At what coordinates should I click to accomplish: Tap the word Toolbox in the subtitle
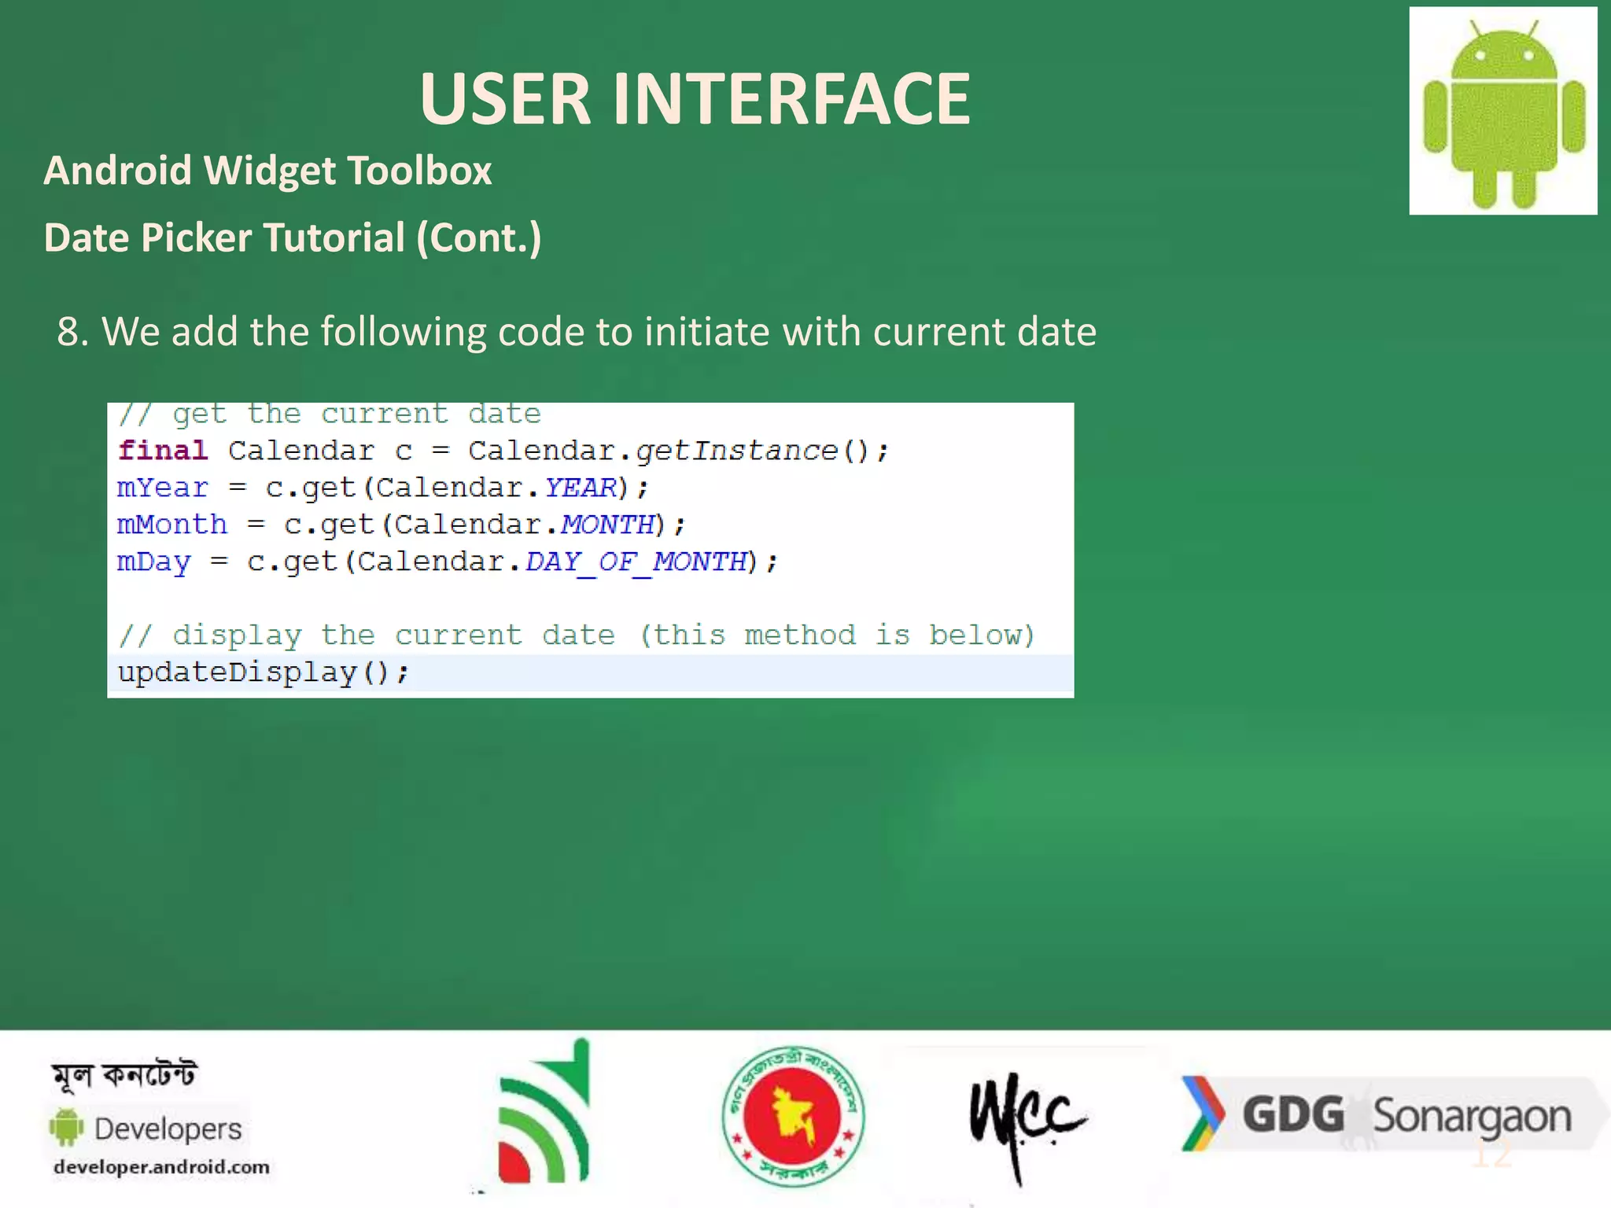pyautogui.click(x=419, y=171)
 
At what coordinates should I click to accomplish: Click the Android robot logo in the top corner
pyautogui.click(x=1503, y=111)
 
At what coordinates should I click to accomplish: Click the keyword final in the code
pyautogui.click(x=163, y=451)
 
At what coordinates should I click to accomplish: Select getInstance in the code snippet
pyautogui.click(x=737, y=451)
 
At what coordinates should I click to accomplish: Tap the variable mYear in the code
pyautogui.click(x=162, y=488)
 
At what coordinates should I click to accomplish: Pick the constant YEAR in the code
pyautogui.click(x=581, y=488)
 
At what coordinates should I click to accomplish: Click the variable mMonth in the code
pyautogui.click(x=171, y=525)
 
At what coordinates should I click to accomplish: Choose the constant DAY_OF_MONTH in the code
pyautogui.click(x=636, y=562)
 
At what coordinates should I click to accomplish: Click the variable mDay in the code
pyautogui.click(x=153, y=562)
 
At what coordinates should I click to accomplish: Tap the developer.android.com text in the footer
pyautogui.click(x=161, y=1167)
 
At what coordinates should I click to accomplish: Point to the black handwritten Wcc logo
pyautogui.click(x=1027, y=1117)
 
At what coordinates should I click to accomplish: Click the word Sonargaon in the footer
pyautogui.click(x=1472, y=1117)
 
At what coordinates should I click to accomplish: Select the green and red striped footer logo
pyautogui.click(x=544, y=1113)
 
